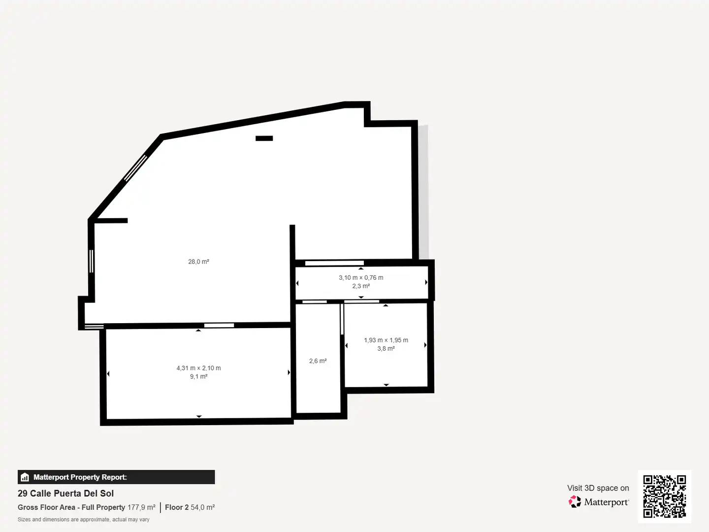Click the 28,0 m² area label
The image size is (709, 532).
[x=198, y=262]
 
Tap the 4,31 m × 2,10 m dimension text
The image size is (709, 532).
[x=198, y=368]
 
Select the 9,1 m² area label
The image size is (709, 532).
[x=198, y=376]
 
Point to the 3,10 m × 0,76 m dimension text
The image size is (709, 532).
[x=361, y=277]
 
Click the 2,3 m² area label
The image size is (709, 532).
[x=361, y=286]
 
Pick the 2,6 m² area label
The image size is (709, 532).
[x=318, y=361]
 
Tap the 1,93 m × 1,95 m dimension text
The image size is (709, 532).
[x=386, y=340]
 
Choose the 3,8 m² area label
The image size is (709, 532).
[x=386, y=349]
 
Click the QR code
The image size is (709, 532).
[x=664, y=497]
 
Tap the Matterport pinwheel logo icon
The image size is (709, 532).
[x=575, y=501]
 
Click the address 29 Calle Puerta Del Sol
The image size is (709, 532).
[x=65, y=493]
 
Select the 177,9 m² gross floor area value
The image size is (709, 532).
[x=141, y=507]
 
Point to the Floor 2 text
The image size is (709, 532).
[x=177, y=507]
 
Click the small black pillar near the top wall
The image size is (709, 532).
[x=264, y=138]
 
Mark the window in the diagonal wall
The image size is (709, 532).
[x=136, y=168]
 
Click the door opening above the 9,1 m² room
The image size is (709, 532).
[x=219, y=325]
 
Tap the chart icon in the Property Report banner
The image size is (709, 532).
[x=25, y=477]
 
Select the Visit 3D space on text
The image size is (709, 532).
[x=598, y=488]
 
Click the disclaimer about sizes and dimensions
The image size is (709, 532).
[x=83, y=519]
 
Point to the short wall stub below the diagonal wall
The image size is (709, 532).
[x=111, y=221]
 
